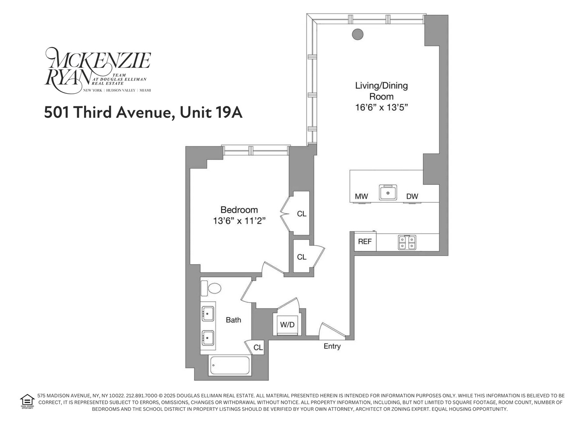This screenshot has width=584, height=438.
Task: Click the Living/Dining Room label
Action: coord(381,91)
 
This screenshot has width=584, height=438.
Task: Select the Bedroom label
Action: coord(239,210)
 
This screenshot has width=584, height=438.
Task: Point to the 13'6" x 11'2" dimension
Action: coord(239,221)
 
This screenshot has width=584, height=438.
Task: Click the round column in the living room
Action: coord(358,34)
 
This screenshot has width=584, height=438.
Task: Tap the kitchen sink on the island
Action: coord(388,192)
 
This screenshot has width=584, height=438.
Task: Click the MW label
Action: coord(361,196)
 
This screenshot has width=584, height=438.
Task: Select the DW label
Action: coord(412,196)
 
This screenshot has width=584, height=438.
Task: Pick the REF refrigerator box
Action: coord(365,241)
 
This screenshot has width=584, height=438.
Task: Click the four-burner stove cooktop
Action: coord(407,242)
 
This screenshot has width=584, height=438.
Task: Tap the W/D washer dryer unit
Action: coord(287,325)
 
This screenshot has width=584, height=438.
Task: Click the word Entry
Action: coord(332,346)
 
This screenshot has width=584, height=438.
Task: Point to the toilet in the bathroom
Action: coord(214,288)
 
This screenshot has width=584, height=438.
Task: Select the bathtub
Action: coord(230,366)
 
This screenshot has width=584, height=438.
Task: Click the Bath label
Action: coord(234,320)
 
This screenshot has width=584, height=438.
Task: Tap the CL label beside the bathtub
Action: coord(258,347)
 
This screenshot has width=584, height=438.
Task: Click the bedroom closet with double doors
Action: coord(301,214)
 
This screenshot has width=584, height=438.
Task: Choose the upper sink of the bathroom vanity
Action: coord(208,314)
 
